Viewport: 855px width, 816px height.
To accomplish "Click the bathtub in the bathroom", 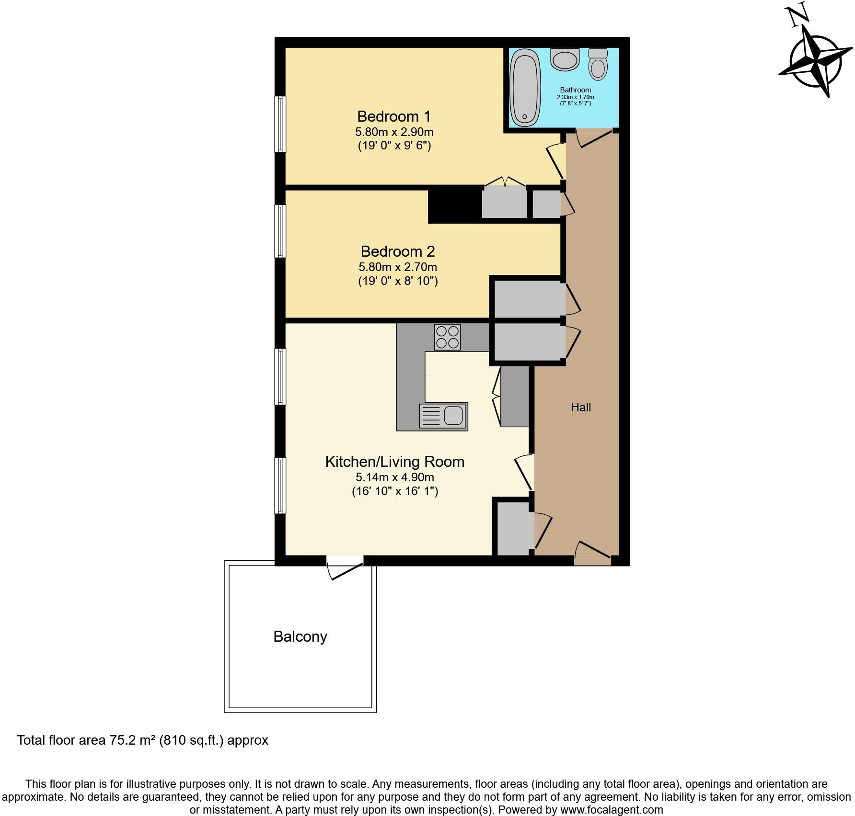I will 525,88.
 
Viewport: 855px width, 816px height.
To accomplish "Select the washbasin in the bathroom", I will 565,59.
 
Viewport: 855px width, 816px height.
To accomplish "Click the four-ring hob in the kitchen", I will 447,337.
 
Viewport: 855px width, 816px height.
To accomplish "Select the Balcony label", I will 300,636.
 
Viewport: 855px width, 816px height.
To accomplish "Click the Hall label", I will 580,408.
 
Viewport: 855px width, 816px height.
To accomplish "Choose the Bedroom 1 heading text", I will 393,116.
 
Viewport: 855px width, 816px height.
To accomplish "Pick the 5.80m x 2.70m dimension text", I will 397,267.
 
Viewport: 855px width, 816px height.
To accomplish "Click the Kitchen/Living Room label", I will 394,462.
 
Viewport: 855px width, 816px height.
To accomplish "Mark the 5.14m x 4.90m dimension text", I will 394,477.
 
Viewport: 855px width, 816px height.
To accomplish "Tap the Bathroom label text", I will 575,90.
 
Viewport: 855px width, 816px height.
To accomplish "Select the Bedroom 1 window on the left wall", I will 280,124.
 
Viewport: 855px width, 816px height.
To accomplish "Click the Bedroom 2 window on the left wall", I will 280,231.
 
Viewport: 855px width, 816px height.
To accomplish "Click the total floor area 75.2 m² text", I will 142,740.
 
